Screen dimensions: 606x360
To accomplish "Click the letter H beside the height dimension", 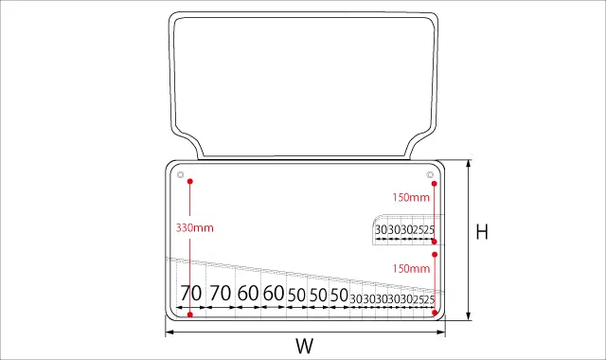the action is click(x=482, y=231).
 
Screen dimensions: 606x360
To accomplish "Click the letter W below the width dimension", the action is click(x=305, y=346).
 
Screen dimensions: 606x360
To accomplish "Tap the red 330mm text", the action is click(x=195, y=227).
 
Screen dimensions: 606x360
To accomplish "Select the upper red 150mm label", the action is click(x=411, y=198).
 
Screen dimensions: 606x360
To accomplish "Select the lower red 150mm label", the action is click(x=411, y=268).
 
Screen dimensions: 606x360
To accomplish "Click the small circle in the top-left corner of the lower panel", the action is click(x=181, y=174).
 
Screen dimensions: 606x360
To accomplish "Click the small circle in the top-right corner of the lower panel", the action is click(x=430, y=174).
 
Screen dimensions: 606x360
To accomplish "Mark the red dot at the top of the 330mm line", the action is click(x=189, y=181).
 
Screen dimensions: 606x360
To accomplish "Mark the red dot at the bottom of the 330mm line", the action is click(x=189, y=315).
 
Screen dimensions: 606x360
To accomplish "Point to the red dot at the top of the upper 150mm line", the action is click(x=435, y=183).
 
